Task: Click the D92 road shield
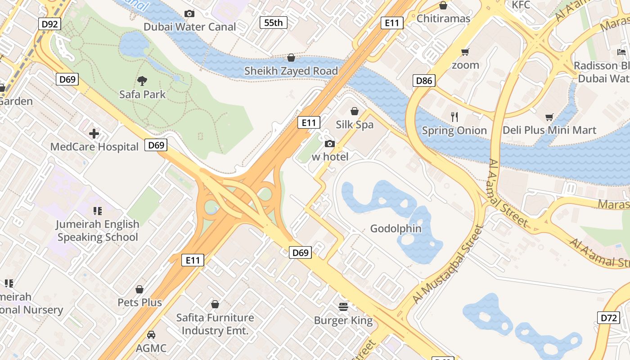tap(49, 24)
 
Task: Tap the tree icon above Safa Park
tap(142, 81)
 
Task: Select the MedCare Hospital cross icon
tap(94, 134)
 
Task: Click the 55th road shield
tap(273, 22)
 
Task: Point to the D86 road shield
tap(424, 81)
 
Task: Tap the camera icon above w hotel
tap(330, 144)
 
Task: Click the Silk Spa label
tap(355, 125)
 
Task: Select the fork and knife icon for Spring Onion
tap(454, 117)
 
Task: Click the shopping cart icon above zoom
tap(465, 52)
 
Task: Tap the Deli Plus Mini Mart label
tap(549, 130)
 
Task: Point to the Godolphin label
tap(396, 229)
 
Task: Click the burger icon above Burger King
tap(343, 307)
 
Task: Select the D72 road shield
tap(608, 318)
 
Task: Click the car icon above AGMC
tap(151, 335)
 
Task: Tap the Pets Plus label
tap(139, 302)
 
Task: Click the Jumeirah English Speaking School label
tap(98, 230)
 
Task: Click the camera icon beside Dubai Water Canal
tap(189, 14)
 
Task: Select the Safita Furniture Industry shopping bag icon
tap(215, 304)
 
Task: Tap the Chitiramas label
tap(443, 18)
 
